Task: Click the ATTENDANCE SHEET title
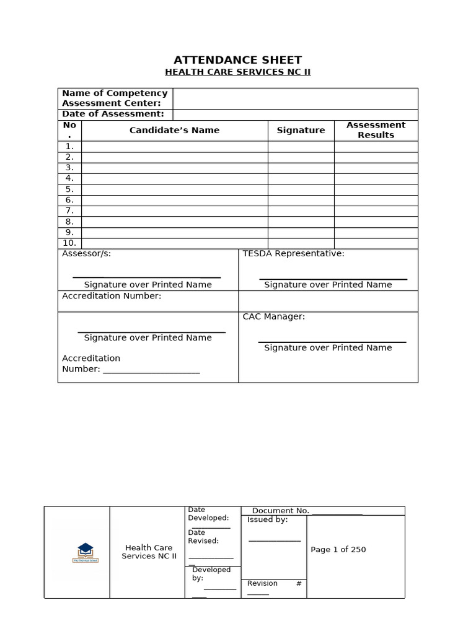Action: coord(237,60)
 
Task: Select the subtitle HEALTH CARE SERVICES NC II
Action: coord(237,72)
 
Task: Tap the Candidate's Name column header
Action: coord(174,130)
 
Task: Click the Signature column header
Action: coord(301,130)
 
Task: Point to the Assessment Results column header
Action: coord(376,130)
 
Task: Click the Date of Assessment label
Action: coord(113,114)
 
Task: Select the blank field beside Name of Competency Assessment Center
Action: coord(295,98)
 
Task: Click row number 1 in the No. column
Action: coord(69,147)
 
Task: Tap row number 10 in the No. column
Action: coord(69,243)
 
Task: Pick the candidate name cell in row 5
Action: coord(174,189)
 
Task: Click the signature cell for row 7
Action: coord(301,211)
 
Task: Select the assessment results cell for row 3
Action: coord(376,168)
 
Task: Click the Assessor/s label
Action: coord(87,254)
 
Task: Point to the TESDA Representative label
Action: coord(293,254)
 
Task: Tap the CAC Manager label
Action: coord(273,317)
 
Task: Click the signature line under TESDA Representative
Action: coord(333,279)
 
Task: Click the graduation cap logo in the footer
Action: coord(85,550)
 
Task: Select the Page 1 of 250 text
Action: coord(338,550)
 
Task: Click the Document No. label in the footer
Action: coord(280,511)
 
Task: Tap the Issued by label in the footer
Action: coord(267,520)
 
